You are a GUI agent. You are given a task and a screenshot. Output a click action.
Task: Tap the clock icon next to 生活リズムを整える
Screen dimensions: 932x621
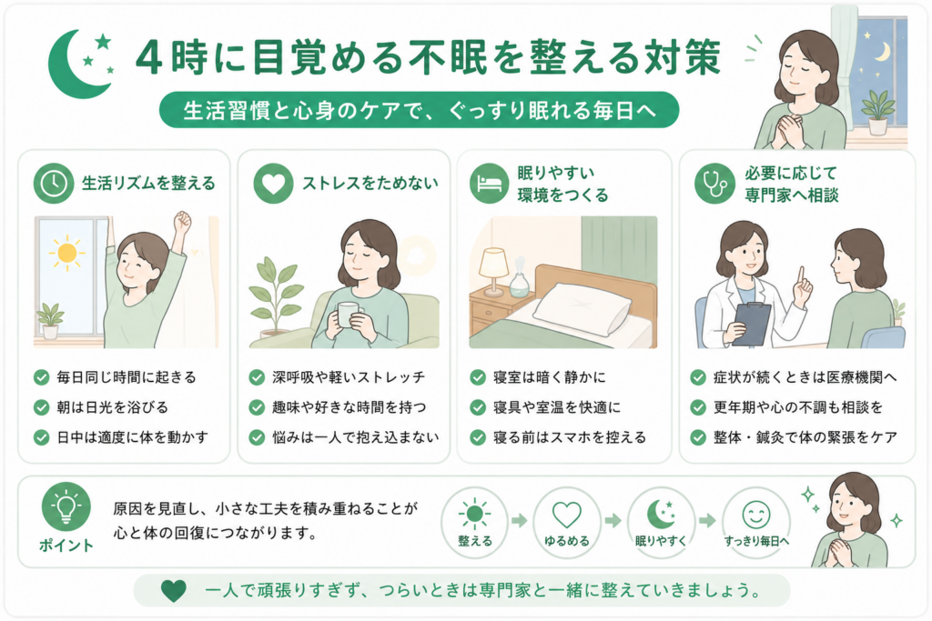click(x=54, y=184)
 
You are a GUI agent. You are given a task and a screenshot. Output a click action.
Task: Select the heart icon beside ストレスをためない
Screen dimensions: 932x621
click(x=273, y=184)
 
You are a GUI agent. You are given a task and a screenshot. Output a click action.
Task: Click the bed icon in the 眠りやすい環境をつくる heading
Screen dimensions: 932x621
click(x=489, y=184)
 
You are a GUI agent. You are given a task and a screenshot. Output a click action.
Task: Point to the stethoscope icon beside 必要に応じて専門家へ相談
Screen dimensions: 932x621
click(x=714, y=184)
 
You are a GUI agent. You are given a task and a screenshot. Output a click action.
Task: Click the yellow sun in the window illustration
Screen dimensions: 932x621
click(x=66, y=253)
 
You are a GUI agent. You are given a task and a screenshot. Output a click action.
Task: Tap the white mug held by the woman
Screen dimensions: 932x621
click(x=349, y=315)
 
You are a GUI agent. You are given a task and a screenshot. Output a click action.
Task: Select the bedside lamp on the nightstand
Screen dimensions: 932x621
click(x=493, y=271)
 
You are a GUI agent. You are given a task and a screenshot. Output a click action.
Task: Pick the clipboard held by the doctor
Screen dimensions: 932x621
click(x=752, y=325)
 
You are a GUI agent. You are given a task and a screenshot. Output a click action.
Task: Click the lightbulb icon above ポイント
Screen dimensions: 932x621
click(x=66, y=506)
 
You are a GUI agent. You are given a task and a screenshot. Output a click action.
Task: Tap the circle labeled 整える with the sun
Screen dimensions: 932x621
click(x=474, y=522)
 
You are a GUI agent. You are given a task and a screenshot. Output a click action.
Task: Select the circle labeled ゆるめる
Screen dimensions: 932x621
click(x=566, y=522)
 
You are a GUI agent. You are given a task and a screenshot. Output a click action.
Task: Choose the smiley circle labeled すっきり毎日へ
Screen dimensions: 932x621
click(x=756, y=522)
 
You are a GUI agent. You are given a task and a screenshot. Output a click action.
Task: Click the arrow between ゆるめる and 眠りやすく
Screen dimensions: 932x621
click(x=613, y=521)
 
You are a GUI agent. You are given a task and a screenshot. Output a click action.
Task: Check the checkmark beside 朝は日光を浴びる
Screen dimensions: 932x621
click(x=41, y=407)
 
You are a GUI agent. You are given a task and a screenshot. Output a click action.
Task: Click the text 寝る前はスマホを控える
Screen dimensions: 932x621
click(x=570, y=437)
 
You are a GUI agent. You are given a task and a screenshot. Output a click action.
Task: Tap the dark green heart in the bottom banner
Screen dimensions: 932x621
click(x=174, y=591)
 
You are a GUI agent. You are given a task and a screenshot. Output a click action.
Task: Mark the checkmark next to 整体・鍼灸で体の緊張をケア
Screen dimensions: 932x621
click(x=698, y=437)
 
